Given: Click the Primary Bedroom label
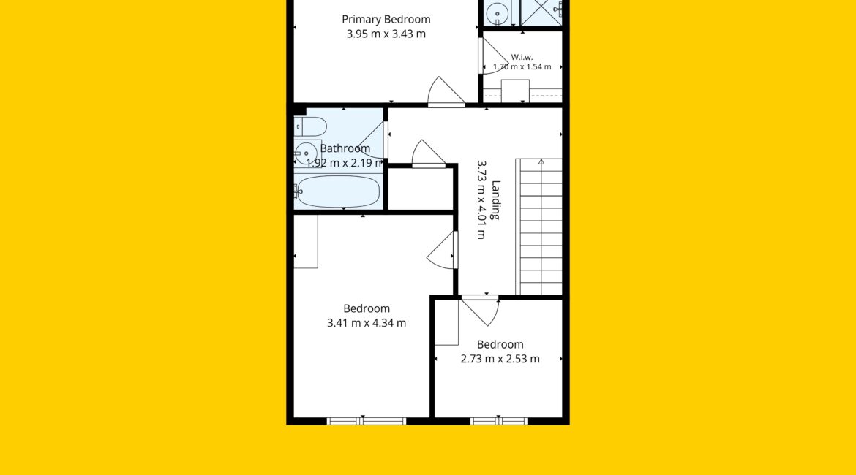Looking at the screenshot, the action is tap(386, 20).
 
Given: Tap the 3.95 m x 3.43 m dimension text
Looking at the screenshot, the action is tap(386, 34).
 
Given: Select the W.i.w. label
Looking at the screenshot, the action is tap(522, 57).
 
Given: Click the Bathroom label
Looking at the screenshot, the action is tap(345, 148).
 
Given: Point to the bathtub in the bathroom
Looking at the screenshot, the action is tap(338, 191).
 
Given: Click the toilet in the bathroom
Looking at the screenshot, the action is tap(310, 126).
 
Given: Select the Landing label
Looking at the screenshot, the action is tap(495, 199).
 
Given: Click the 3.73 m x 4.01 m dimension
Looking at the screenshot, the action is tap(481, 199).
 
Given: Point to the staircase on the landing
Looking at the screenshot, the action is tap(538, 227).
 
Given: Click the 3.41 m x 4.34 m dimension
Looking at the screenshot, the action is tap(367, 323).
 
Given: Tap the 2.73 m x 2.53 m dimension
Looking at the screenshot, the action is tap(500, 359).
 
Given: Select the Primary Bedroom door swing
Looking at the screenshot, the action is tap(446, 91).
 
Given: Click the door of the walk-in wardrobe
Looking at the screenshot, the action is tap(494, 56).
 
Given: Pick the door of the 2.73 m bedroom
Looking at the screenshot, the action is tap(480, 310).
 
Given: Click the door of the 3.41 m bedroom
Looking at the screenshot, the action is tap(442, 250).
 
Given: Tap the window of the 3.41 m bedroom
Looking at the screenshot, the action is tap(367, 421).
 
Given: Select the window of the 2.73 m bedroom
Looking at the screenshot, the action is tap(499, 421).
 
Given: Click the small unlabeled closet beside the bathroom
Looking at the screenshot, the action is tap(421, 189).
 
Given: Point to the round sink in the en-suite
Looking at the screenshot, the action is tap(498, 13).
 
